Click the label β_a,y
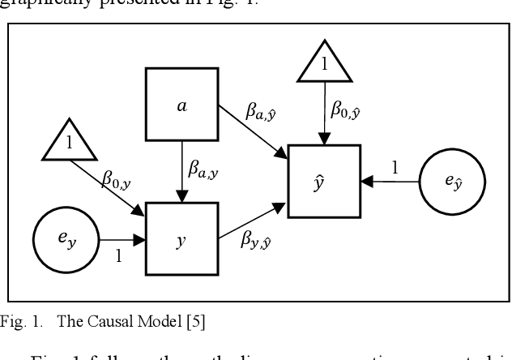204,169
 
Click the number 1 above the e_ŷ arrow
395,168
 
